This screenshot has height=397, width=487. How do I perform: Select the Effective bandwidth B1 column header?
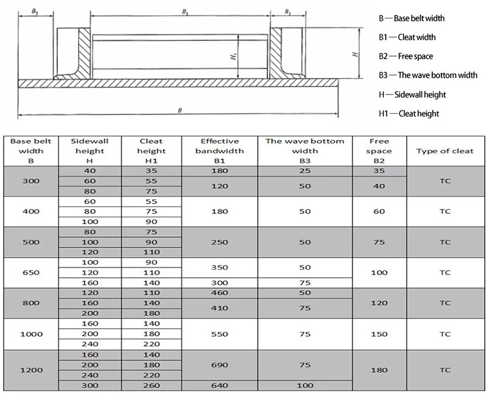[222, 151]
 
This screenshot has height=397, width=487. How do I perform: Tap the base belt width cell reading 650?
[31, 273]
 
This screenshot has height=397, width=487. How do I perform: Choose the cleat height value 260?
[152, 385]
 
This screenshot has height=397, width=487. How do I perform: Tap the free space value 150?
[379, 334]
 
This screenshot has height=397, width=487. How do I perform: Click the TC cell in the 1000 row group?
[445, 334]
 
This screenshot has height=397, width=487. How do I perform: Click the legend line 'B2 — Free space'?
[405, 57]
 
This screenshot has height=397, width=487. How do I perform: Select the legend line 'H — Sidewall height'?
[412, 94]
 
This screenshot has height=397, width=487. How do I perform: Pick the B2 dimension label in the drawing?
[35, 11]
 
